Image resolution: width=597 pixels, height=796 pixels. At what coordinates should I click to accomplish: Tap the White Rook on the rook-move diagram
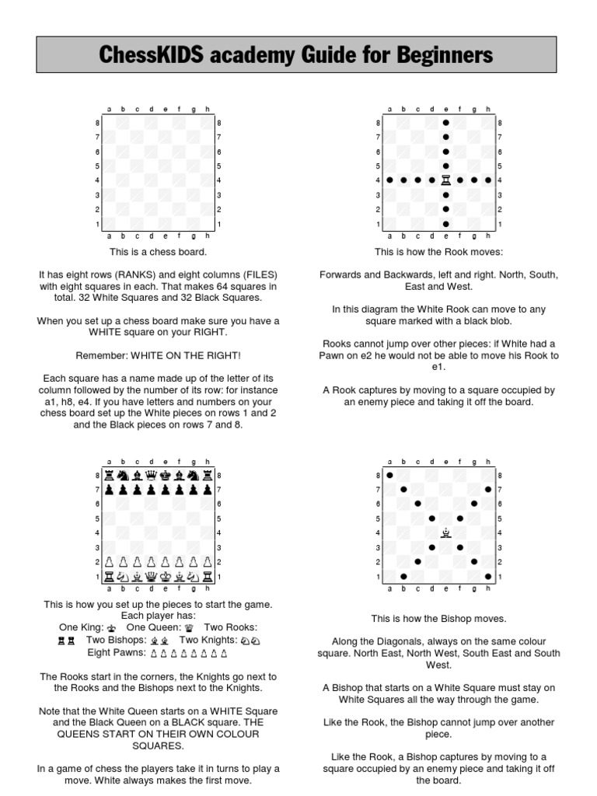pos(445,180)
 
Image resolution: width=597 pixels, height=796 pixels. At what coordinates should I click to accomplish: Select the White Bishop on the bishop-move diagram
pos(445,532)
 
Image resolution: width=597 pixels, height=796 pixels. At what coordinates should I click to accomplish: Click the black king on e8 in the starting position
pos(165,475)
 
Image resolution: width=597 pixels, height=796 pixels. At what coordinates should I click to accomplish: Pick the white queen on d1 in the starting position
pos(151,576)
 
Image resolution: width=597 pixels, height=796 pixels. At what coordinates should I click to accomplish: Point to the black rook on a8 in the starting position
pos(109,475)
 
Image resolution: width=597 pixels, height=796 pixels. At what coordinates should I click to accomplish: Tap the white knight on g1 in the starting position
pos(193,576)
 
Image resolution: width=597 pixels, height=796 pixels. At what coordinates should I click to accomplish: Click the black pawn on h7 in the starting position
pos(207,490)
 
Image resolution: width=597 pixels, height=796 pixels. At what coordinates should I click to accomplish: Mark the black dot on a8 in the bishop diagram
pos(389,475)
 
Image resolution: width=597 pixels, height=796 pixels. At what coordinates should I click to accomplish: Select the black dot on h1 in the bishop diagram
pos(487,576)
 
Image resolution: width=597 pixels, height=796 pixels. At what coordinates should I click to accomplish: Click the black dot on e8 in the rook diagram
pos(445,123)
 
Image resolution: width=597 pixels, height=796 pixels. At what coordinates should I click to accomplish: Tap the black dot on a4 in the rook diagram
pos(389,180)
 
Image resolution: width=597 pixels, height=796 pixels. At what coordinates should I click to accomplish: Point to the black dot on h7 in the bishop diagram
pos(487,490)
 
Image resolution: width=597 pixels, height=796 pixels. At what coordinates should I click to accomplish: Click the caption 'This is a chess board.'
pos(158,252)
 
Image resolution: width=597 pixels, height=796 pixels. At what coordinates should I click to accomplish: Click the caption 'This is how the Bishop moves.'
pos(438,619)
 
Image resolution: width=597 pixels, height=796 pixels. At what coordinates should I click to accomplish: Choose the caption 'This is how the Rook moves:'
pos(438,252)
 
